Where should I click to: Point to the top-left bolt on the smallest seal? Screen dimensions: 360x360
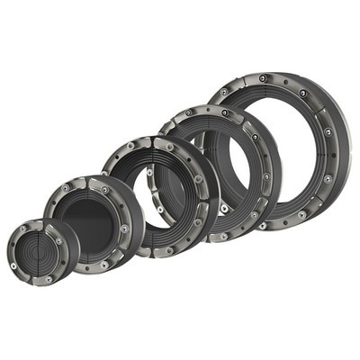point(22,229)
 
